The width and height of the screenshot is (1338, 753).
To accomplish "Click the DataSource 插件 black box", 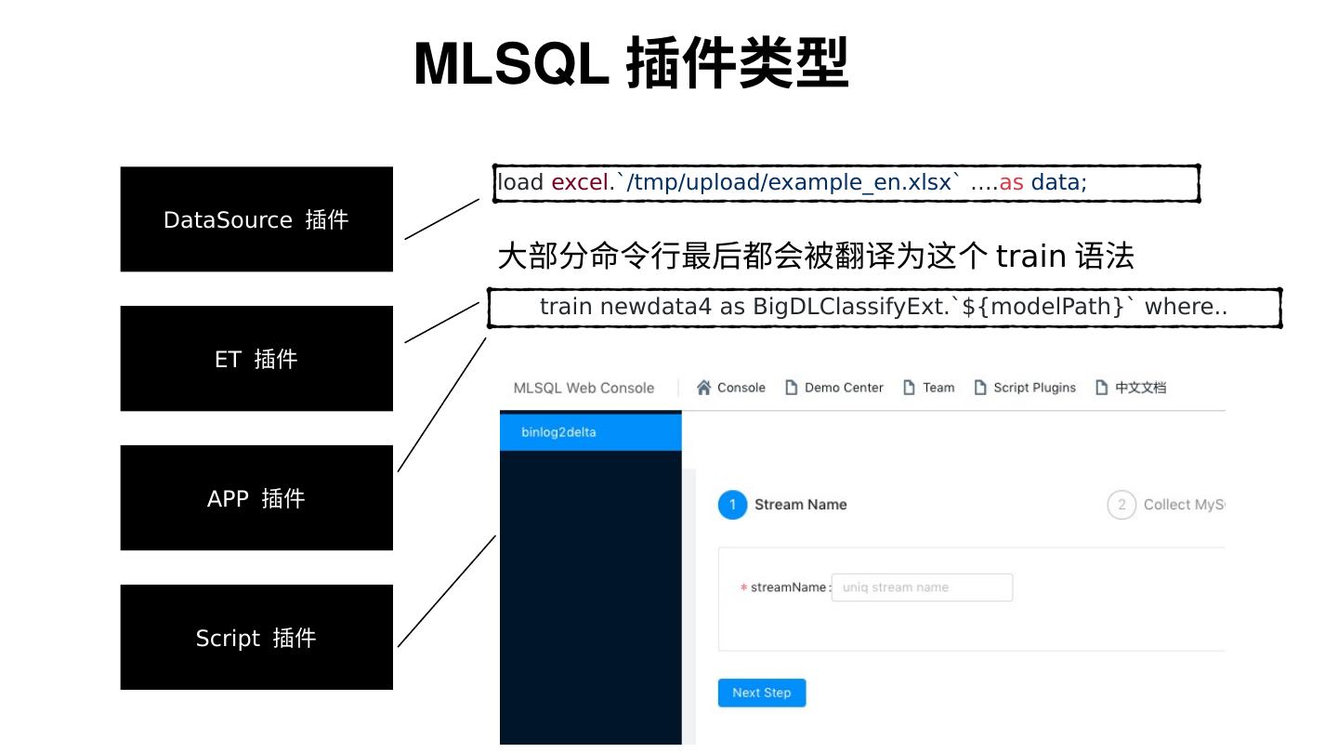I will click(256, 219).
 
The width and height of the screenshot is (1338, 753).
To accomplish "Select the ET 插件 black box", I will click(256, 359).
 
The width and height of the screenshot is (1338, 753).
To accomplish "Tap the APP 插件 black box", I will click(256, 498).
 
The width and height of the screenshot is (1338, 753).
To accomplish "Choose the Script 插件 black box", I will click(256, 638).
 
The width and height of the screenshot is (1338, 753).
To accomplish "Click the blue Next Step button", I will click(761, 693).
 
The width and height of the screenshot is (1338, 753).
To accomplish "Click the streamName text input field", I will click(921, 588).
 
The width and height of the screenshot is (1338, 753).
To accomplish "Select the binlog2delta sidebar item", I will click(590, 432).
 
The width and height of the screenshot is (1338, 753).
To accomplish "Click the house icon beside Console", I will click(704, 388).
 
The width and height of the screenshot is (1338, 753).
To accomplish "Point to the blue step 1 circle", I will click(732, 505).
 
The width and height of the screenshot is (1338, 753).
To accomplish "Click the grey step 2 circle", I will click(1122, 505).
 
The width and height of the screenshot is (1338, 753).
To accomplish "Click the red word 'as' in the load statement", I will click(1011, 182).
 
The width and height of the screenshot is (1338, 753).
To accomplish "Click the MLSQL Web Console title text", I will click(584, 388).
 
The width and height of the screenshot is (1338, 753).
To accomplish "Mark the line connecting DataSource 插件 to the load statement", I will click(441, 219).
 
